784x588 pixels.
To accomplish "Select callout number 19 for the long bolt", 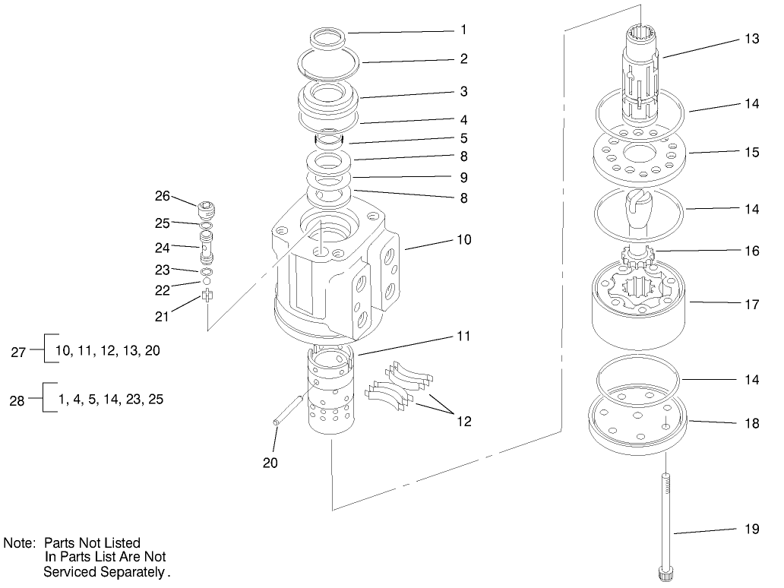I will pyautogui.click(x=751, y=530).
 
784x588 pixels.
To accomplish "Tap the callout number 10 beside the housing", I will pyautogui.click(x=463, y=239).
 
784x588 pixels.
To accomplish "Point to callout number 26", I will pyautogui.click(x=163, y=195).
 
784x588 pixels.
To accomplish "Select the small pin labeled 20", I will pyautogui.click(x=288, y=409).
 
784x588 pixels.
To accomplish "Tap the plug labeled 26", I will pyautogui.click(x=206, y=209).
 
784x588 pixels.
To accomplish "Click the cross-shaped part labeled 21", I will pyautogui.click(x=207, y=296).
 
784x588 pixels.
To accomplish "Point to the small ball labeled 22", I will pyautogui.click(x=207, y=282).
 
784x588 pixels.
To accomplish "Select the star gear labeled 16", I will pyautogui.click(x=637, y=255).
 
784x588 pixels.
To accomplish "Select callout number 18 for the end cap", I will pyautogui.click(x=751, y=424).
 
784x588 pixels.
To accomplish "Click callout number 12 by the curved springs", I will pyautogui.click(x=463, y=421).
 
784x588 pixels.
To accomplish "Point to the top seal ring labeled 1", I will pyautogui.click(x=329, y=36).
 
